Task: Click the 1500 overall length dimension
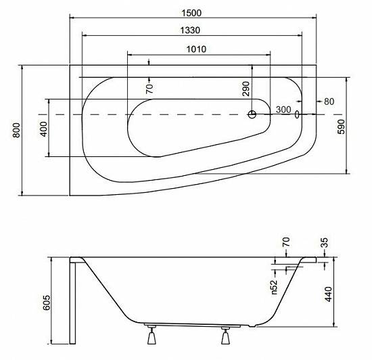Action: [x=191, y=13]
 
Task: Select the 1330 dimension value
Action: [x=190, y=30]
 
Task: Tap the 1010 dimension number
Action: [x=196, y=49]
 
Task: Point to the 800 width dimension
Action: [x=16, y=130]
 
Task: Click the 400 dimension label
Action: [x=44, y=129]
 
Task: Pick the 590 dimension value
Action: [x=341, y=127]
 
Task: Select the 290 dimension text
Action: [x=246, y=89]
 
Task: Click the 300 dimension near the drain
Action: [x=283, y=110]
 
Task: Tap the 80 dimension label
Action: [x=329, y=102]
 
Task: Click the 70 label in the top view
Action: [x=149, y=89]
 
